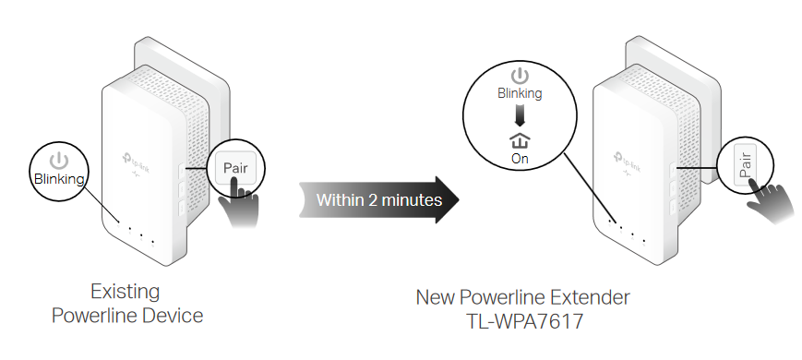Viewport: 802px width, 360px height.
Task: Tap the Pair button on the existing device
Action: (235, 167)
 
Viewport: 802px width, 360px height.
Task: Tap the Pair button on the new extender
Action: (747, 167)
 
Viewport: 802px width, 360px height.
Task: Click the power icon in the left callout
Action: (59, 160)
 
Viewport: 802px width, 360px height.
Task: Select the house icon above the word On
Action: (521, 139)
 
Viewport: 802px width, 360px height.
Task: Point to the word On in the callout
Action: (521, 159)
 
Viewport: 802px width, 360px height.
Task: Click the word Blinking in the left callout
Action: (59, 179)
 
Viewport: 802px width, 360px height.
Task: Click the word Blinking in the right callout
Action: (521, 93)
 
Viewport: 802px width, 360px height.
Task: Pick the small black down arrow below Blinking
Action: (521, 114)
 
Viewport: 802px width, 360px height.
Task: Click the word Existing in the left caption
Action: (125, 292)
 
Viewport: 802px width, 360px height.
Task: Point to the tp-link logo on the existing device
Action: (136, 155)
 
